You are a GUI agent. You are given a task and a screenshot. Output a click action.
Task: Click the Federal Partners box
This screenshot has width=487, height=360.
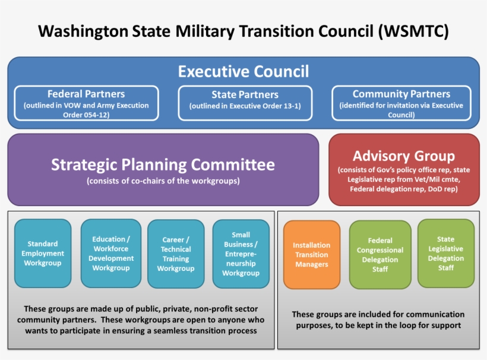coord(87,103)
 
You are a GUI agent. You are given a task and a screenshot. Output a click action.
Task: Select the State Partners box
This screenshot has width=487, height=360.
coord(245,103)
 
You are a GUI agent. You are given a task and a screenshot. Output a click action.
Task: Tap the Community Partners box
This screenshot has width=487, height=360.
coord(401,103)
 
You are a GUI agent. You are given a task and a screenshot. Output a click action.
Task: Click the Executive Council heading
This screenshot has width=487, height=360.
coord(243,72)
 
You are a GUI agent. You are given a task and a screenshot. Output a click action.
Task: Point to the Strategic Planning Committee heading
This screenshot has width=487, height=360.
coord(163,165)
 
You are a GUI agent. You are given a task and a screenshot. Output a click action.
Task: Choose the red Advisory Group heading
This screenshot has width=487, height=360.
coord(404,156)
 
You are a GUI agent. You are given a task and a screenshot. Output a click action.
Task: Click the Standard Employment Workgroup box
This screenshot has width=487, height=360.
coord(43,253)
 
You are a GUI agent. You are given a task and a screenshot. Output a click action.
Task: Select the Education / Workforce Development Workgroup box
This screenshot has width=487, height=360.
coord(111,254)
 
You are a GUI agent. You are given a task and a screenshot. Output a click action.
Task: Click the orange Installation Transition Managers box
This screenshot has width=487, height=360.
coord(312,254)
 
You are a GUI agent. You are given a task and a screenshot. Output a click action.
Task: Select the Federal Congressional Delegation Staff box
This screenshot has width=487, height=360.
coord(380,255)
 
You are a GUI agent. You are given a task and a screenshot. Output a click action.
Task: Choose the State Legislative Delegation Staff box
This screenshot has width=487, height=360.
coord(446,254)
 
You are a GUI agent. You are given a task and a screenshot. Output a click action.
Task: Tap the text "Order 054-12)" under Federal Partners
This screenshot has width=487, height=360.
coord(87,115)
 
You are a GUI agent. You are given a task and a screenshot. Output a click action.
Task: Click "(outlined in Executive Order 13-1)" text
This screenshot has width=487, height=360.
coord(245,106)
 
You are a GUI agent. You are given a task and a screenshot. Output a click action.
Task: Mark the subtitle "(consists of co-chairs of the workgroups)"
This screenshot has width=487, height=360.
coord(163,181)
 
